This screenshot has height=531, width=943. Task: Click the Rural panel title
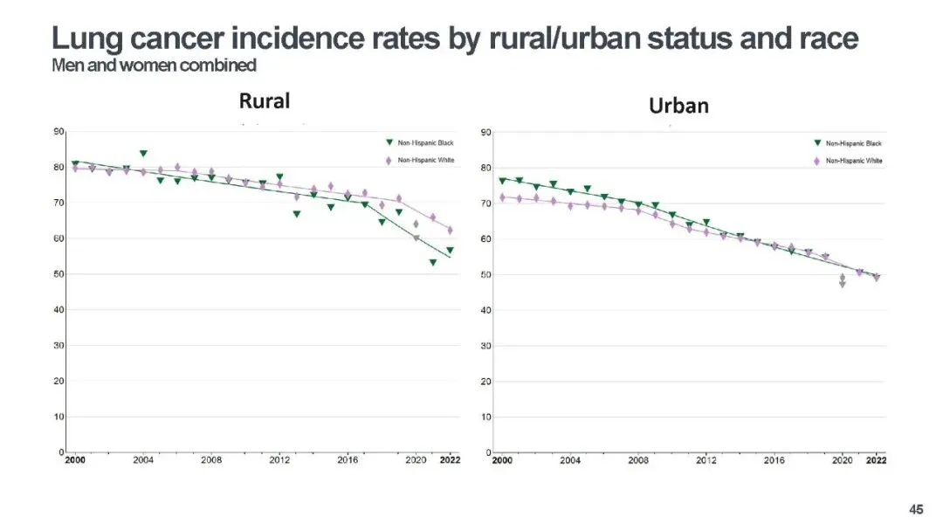264,100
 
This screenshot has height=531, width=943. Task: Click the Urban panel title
678,106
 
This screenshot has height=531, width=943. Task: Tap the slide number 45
916,509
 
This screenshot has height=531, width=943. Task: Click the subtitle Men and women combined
154,66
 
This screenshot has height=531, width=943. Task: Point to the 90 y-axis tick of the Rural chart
59,132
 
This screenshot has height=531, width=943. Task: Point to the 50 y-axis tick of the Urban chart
486,275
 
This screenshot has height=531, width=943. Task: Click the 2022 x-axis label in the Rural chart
450,459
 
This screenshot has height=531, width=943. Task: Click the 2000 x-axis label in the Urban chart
502,459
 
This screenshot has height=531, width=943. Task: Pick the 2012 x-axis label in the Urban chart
706,459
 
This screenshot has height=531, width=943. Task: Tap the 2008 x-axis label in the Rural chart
211,459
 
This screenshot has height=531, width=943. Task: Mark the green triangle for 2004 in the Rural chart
143,154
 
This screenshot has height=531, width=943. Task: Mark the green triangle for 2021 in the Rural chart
433,263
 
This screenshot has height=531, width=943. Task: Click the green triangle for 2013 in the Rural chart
297,214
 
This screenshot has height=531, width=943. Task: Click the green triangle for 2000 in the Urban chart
502,181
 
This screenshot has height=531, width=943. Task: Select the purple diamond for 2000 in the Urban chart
502,197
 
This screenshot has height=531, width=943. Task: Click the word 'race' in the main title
822,38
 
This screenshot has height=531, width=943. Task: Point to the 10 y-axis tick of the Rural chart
59,417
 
